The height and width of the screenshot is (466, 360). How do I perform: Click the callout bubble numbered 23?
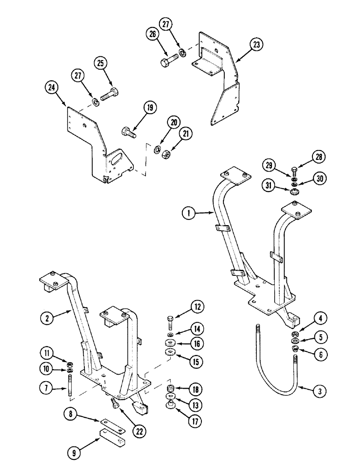point(256,45)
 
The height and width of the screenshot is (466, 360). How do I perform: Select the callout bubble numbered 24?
point(52,87)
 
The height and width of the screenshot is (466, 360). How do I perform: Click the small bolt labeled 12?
point(170,322)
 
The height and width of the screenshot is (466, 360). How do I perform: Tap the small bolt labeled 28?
point(294,170)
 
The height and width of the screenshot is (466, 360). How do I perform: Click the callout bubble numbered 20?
point(173,123)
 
